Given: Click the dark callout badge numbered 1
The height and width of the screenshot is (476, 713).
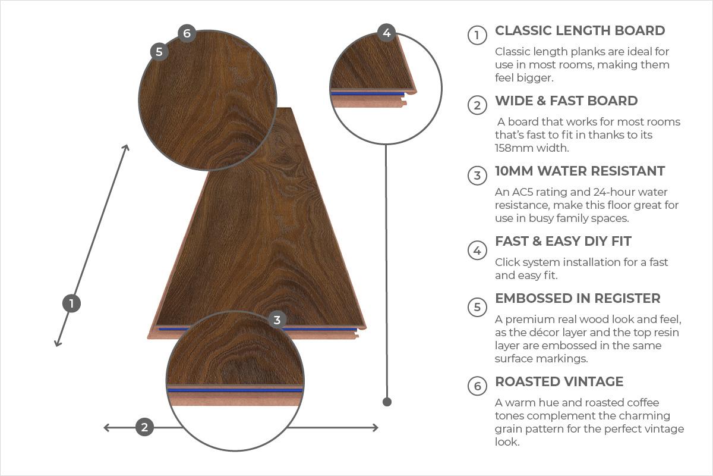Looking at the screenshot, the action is point(71,303).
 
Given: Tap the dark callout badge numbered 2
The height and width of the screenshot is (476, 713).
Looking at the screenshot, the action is point(144,427).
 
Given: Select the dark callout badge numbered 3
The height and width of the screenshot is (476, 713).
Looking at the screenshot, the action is point(277,320).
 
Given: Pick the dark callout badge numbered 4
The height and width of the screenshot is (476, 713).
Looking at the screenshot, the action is point(386,33).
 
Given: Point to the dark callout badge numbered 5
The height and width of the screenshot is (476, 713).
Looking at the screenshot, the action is point(159,52).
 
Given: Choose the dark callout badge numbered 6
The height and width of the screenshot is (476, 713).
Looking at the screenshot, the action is point(187,33).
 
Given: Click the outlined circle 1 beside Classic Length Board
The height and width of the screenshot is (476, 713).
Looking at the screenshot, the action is point(477,35).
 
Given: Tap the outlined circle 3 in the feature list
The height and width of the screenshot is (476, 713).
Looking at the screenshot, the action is point(477,175).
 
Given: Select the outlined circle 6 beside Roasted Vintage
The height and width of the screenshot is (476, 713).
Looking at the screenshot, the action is point(477,386).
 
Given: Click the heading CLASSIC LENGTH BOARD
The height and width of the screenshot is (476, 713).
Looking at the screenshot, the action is point(580,30).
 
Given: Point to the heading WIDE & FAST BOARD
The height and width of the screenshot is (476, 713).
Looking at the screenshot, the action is point(566,101).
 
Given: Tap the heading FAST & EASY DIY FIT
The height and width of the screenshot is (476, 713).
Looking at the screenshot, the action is point(563,241).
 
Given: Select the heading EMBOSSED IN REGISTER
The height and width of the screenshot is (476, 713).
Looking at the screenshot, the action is point(578,299).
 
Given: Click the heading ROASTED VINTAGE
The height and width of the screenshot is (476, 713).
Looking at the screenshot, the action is point(559,381).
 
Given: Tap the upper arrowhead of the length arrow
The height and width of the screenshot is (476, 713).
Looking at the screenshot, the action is point(127,148).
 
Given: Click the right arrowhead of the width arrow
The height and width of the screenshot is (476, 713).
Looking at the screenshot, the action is point(376,428).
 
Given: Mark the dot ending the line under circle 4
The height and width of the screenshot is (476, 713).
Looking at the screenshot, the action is point(387,402).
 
